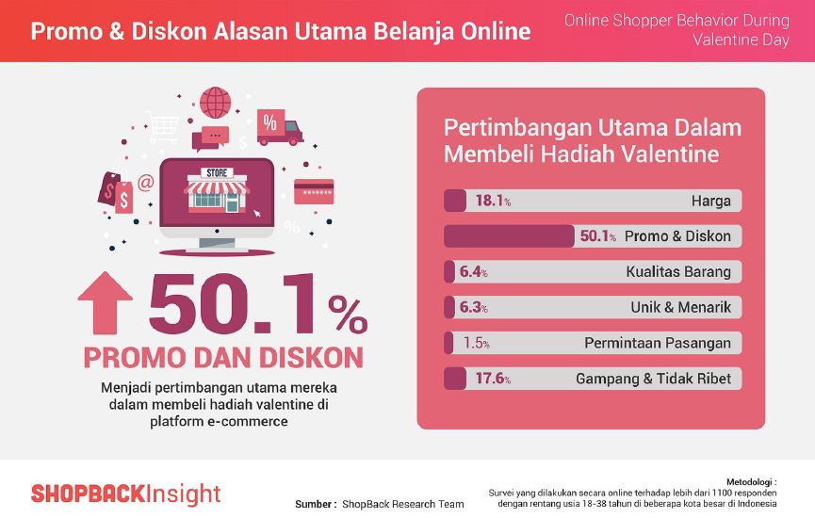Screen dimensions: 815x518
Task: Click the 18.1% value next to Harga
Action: [493, 201]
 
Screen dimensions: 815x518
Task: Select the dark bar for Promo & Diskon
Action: [509, 235]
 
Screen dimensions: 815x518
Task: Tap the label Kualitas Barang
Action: [677, 272]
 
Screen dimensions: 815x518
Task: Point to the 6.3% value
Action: [473, 307]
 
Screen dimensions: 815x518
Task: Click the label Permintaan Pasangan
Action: [658, 343]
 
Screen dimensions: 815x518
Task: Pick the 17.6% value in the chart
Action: [493, 379]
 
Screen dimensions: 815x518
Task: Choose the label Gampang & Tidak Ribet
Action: [653, 379]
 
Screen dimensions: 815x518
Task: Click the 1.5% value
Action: [476, 343]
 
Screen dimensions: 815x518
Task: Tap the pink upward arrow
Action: [105, 302]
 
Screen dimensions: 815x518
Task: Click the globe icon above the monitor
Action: [215, 103]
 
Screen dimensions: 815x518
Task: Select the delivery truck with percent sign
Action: [280, 127]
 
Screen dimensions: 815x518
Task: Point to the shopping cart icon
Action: [163, 127]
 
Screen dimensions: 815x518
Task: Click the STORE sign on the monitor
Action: [217, 173]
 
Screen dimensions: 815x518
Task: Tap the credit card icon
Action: [314, 192]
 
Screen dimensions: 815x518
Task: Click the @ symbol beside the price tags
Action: [145, 183]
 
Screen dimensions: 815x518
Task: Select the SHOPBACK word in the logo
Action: [88, 494]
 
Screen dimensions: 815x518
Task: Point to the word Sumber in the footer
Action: [313, 504]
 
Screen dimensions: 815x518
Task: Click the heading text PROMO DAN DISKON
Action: [223, 358]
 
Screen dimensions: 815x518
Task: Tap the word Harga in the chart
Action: [711, 201]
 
